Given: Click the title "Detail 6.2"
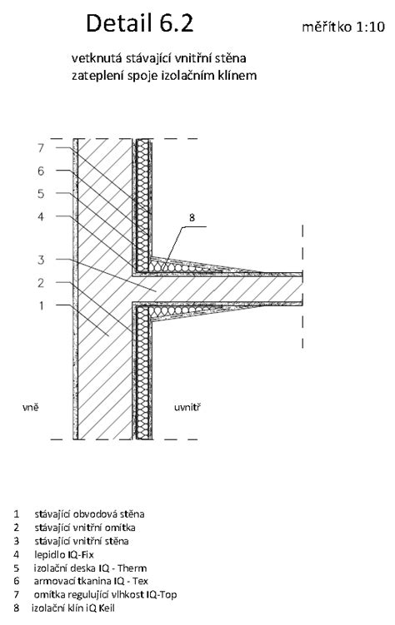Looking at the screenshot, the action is click(140, 22).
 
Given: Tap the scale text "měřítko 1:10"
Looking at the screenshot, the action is click(343, 27).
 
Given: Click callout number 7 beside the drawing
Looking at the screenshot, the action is click(41, 148).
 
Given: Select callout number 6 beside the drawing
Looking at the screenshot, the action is click(41, 171).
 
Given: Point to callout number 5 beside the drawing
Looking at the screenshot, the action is click(41, 194).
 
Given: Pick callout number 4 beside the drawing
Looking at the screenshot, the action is click(41, 216).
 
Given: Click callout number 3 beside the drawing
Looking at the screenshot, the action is click(41, 260).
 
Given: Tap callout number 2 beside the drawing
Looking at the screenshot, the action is click(41, 283).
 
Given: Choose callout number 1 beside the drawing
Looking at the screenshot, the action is click(41, 305).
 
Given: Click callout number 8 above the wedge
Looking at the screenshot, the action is click(192, 218).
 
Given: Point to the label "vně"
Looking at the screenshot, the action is click(30, 407).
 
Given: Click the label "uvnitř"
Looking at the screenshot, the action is click(187, 407).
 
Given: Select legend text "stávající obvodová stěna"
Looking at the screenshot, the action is click(89, 514).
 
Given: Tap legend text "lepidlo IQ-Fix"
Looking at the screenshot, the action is click(64, 554).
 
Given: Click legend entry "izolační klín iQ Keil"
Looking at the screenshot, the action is click(73, 608).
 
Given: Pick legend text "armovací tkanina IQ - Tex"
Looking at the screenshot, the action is click(91, 581).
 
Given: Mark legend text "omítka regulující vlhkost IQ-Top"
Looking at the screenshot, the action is click(105, 595).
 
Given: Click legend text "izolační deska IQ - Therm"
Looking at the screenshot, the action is click(91, 568).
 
